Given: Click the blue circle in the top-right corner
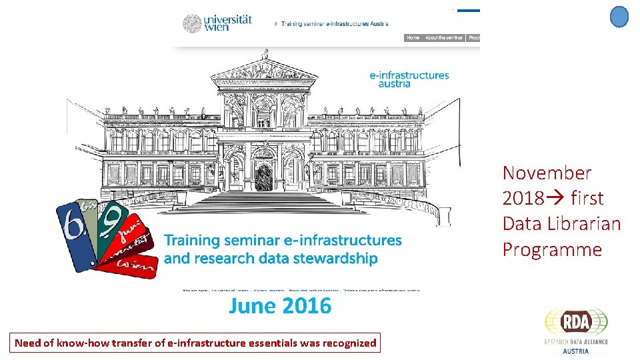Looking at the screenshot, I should click(619, 17).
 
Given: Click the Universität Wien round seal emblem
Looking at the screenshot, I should click(193, 23).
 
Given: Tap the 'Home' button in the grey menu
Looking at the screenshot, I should click(413, 38).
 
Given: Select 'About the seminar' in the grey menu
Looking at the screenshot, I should click(444, 38).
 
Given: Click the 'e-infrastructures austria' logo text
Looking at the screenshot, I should click(409, 79).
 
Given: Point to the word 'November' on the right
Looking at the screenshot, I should click(547, 173).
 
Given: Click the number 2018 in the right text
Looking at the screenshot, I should click(523, 199).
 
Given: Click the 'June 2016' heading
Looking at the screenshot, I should click(280, 306).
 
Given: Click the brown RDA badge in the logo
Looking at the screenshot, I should click(576, 321).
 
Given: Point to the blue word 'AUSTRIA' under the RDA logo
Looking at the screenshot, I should click(576, 351).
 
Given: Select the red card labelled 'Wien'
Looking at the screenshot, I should click(136, 265).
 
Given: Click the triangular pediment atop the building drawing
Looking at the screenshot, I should click(265, 67).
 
